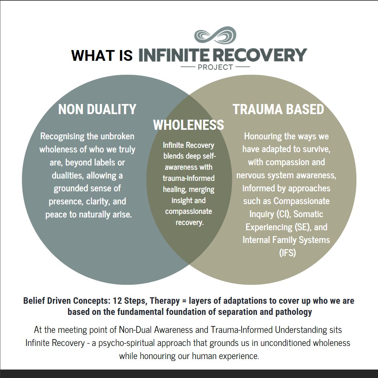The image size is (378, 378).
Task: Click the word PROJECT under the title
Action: [x=215, y=67]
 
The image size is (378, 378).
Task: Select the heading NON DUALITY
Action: [x=97, y=109]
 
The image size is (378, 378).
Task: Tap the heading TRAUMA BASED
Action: [x=278, y=109]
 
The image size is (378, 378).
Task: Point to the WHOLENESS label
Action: [x=189, y=125]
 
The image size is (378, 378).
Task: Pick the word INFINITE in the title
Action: [x=175, y=55]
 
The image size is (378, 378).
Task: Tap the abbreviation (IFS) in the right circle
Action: [x=288, y=253]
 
